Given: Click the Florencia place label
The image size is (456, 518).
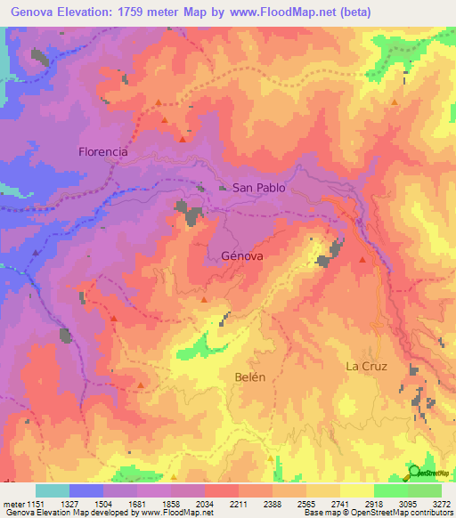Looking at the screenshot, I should click(x=103, y=151).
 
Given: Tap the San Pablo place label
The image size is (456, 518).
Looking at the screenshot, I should click(x=259, y=188).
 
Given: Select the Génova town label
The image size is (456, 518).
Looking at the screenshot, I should click(x=241, y=255).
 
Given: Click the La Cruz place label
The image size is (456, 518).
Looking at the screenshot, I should click(x=367, y=366).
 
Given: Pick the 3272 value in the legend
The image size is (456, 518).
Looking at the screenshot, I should click(x=441, y=503).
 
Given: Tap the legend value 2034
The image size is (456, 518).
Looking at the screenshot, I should click(x=204, y=503).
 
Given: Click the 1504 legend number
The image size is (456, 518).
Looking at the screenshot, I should click(x=102, y=503).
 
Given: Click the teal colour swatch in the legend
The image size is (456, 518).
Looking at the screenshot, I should click(x=53, y=490).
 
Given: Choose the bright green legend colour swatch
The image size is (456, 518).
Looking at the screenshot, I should click(x=390, y=490).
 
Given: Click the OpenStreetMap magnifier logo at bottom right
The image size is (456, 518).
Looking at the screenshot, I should click(x=416, y=472).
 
